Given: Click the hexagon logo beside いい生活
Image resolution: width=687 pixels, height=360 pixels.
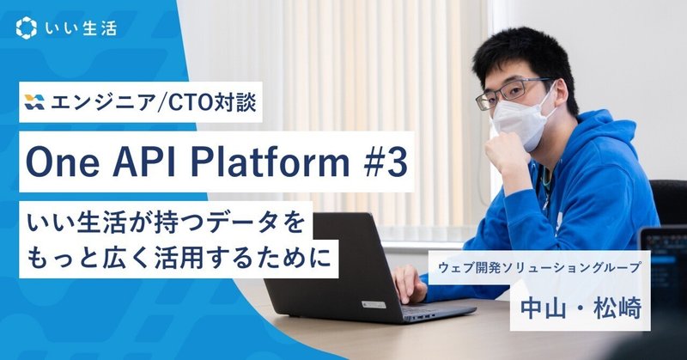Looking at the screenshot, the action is pyautogui.click(x=27, y=27).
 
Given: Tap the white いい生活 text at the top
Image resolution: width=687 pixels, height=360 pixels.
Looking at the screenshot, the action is pyautogui.click(x=81, y=28).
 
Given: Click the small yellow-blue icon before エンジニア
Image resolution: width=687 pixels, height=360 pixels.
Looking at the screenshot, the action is pyautogui.click(x=34, y=101).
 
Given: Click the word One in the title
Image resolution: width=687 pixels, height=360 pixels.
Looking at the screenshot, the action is pyautogui.click(x=56, y=162).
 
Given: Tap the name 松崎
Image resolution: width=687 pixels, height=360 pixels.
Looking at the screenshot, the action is pyautogui.click(x=617, y=308).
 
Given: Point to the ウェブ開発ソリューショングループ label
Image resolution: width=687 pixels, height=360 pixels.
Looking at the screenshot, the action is pyautogui.click(x=539, y=267).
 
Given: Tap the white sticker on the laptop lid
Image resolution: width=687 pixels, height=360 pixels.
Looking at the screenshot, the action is pyautogui.click(x=374, y=305).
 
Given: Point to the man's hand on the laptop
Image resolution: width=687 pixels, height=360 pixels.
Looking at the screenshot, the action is pyautogui.click(x=409, y=284).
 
